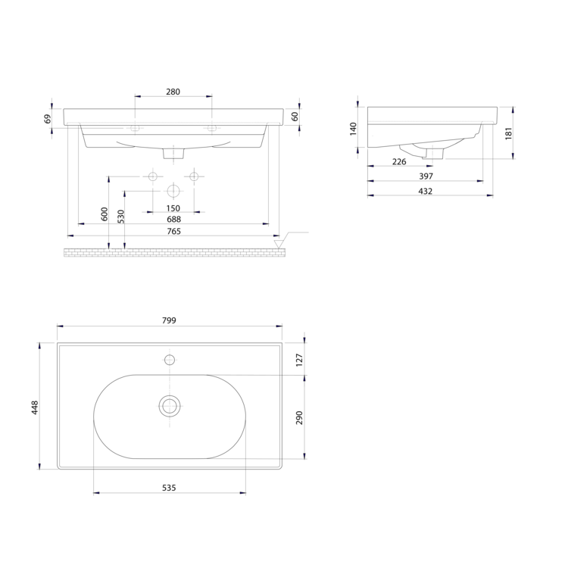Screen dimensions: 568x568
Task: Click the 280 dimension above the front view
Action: (x=173, y=92)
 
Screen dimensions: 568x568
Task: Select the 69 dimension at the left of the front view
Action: (x=48, y=118)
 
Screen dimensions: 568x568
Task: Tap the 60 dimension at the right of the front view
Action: (x=295, y=117)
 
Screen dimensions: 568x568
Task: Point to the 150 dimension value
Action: (x=173, y=208)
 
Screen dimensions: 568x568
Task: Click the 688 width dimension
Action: (x=173, y=219)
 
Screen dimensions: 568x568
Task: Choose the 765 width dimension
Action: (x=173, y=231)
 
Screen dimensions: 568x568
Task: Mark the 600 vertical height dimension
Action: (x=105, y=214)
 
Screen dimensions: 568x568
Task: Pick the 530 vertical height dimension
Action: (x=120, y=217)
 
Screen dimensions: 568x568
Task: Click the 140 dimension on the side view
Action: (x=353, y=129)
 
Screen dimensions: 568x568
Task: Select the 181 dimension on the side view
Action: (x=509, y=133)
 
